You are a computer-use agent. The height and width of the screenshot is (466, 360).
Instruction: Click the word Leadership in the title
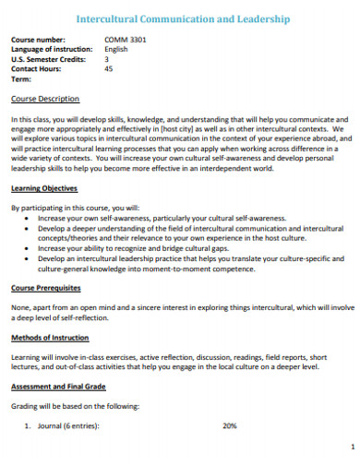coord(263,18)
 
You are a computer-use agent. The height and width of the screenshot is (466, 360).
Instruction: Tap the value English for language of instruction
coord(118,49)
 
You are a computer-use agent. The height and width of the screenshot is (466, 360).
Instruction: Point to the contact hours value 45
coord(109,68)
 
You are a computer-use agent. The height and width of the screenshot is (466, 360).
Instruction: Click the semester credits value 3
coord(107,58)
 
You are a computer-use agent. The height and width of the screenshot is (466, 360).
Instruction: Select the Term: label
coord(22,78)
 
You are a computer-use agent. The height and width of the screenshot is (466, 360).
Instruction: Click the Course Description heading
coord(44,98)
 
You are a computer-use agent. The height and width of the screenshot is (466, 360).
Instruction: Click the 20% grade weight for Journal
coord(230,425)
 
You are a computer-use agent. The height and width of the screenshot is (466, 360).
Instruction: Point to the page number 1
coord(354,446)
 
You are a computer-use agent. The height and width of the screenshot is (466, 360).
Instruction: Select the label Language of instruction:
coord(52,49)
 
